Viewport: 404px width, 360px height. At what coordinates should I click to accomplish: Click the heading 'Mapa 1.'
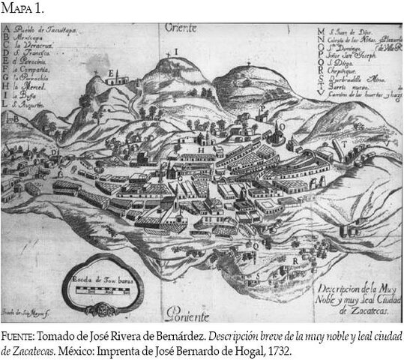[x=22, y=8]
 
